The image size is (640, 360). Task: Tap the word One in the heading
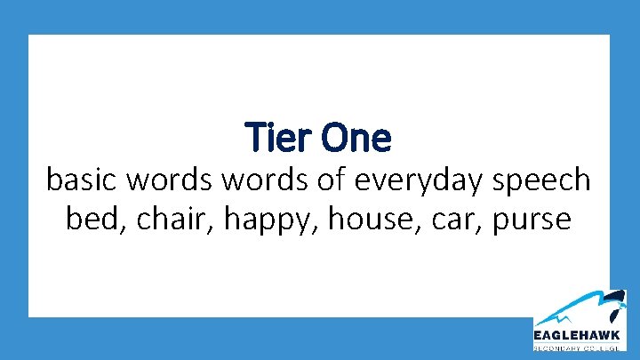(355, 138)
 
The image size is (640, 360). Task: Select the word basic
(84, 180)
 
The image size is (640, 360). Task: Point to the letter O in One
(334, 138)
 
